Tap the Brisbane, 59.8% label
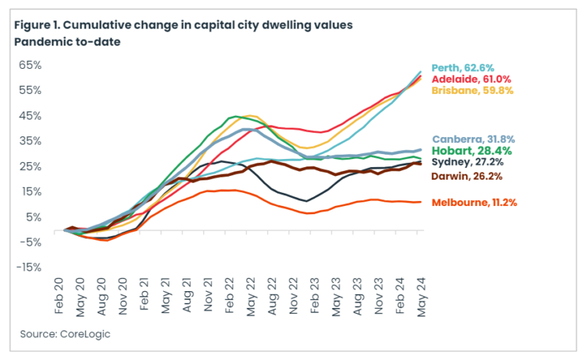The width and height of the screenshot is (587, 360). [472, 89]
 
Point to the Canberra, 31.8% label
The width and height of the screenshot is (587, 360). [473, 138]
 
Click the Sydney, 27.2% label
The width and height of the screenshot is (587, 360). [467, 162]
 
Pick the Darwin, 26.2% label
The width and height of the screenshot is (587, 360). [467, 175]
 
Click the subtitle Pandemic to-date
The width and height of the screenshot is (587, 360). [67, 41]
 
